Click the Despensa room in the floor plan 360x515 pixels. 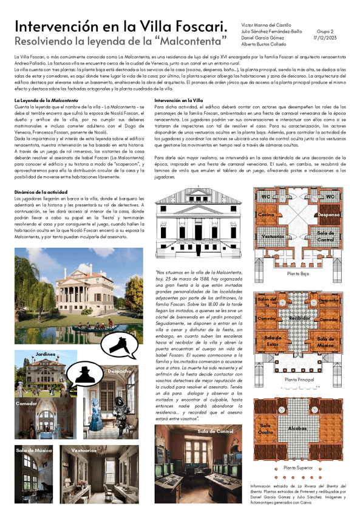point(328,215)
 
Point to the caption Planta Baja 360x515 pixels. point(298,275)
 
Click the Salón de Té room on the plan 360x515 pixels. point(267,301)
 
